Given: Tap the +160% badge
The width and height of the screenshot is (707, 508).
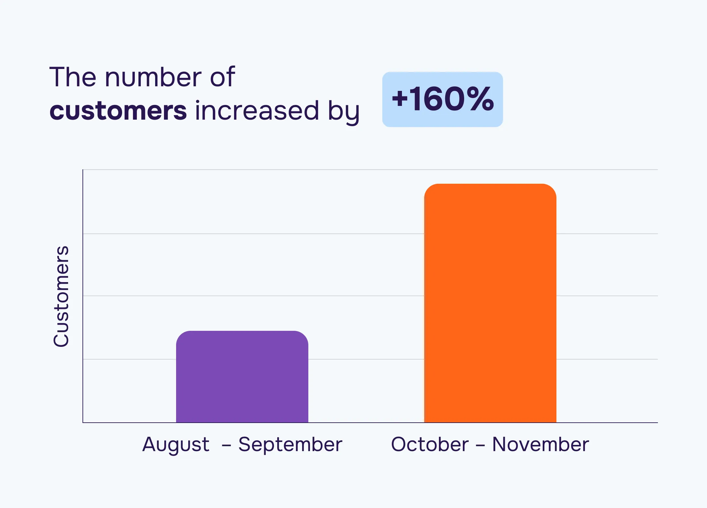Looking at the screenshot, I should pos(443,99).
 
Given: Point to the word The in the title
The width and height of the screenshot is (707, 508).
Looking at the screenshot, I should pos(73,77).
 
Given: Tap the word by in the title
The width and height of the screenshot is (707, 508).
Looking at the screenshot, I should pos(343,111).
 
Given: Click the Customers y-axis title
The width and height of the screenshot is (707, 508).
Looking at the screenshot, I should pos(61,296).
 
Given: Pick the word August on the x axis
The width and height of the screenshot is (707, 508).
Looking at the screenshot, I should pos(176,445).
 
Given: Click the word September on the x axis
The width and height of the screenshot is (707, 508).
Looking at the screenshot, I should pos(290,445).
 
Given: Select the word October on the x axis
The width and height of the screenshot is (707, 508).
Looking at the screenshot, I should pos(430,445).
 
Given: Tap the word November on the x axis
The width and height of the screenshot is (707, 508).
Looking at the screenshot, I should pos(540,445).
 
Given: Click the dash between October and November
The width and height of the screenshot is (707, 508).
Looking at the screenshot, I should pos(480,445).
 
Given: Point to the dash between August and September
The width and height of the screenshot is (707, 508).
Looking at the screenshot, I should pos(226,445).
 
